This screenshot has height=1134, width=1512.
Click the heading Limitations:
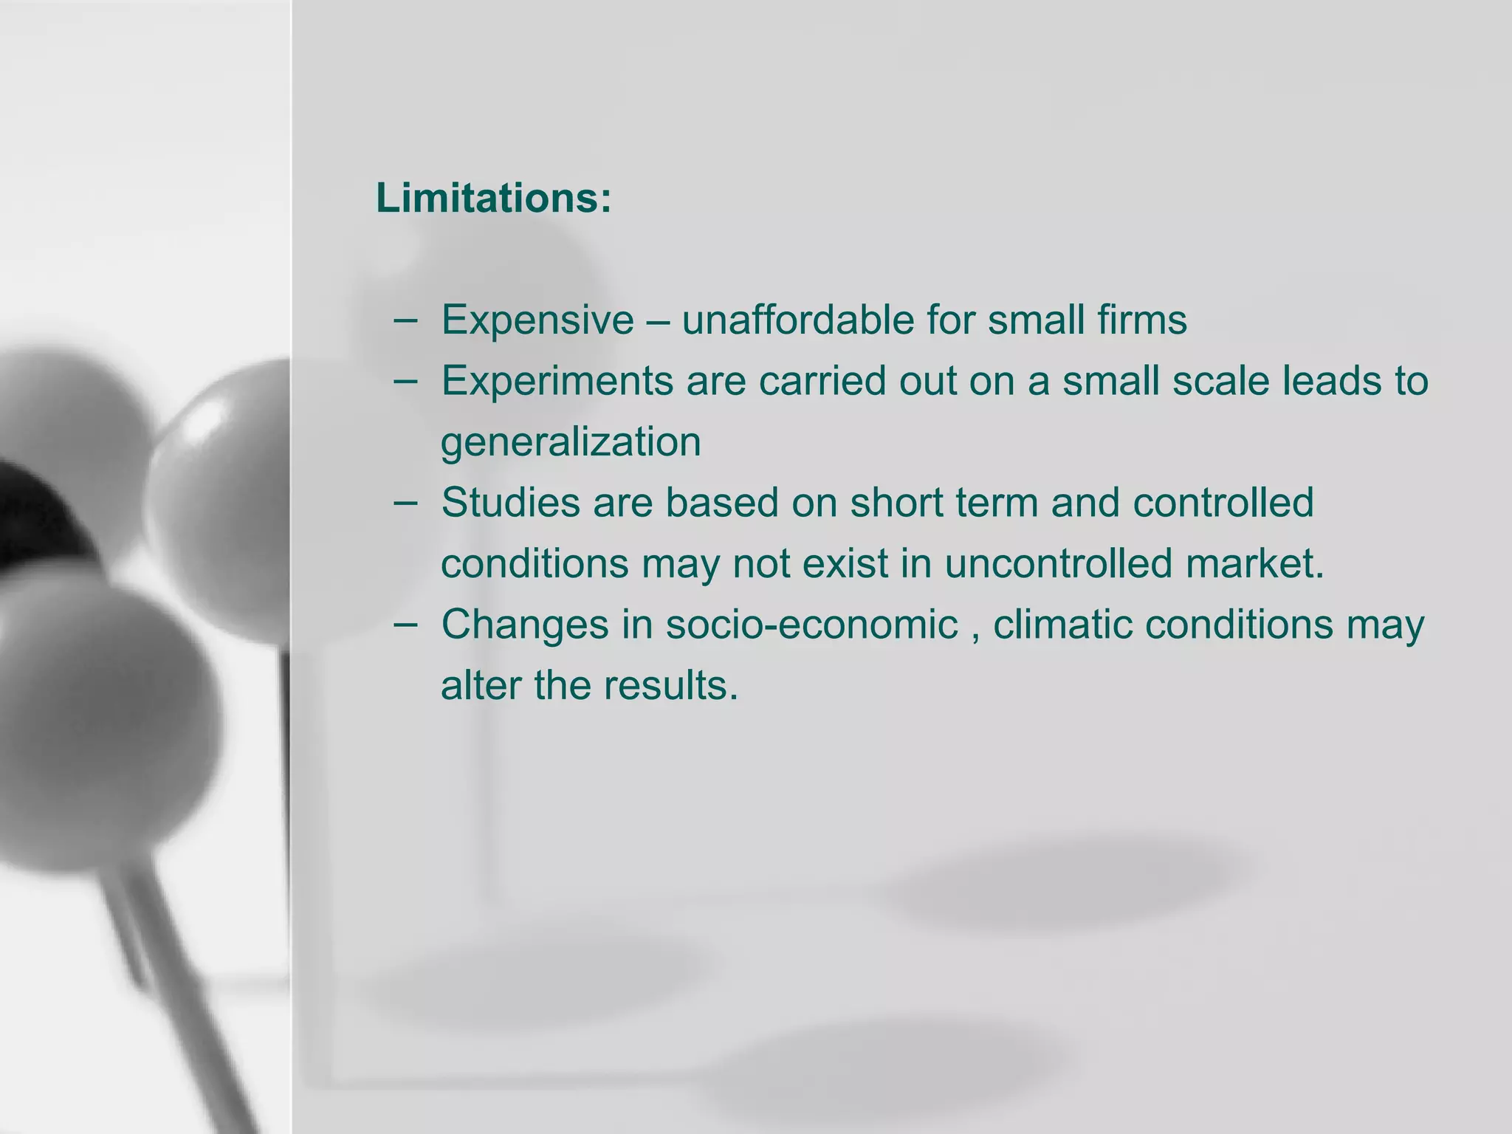pos(494,198)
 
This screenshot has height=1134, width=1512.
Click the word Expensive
pos(537,320)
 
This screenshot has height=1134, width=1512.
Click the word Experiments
pos(557,381)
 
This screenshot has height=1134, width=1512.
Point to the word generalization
pos(571,442)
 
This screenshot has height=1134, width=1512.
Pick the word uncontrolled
pos(1058,563)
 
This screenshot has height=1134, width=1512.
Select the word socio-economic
pos(811,625)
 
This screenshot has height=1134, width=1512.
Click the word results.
pos(670,685)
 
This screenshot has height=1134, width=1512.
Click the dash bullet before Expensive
pos(405,320)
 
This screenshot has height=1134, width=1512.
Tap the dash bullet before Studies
pos(405,503)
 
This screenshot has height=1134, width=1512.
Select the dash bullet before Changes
pos(405,625)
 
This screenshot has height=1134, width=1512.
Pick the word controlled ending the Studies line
pos(1223,503)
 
